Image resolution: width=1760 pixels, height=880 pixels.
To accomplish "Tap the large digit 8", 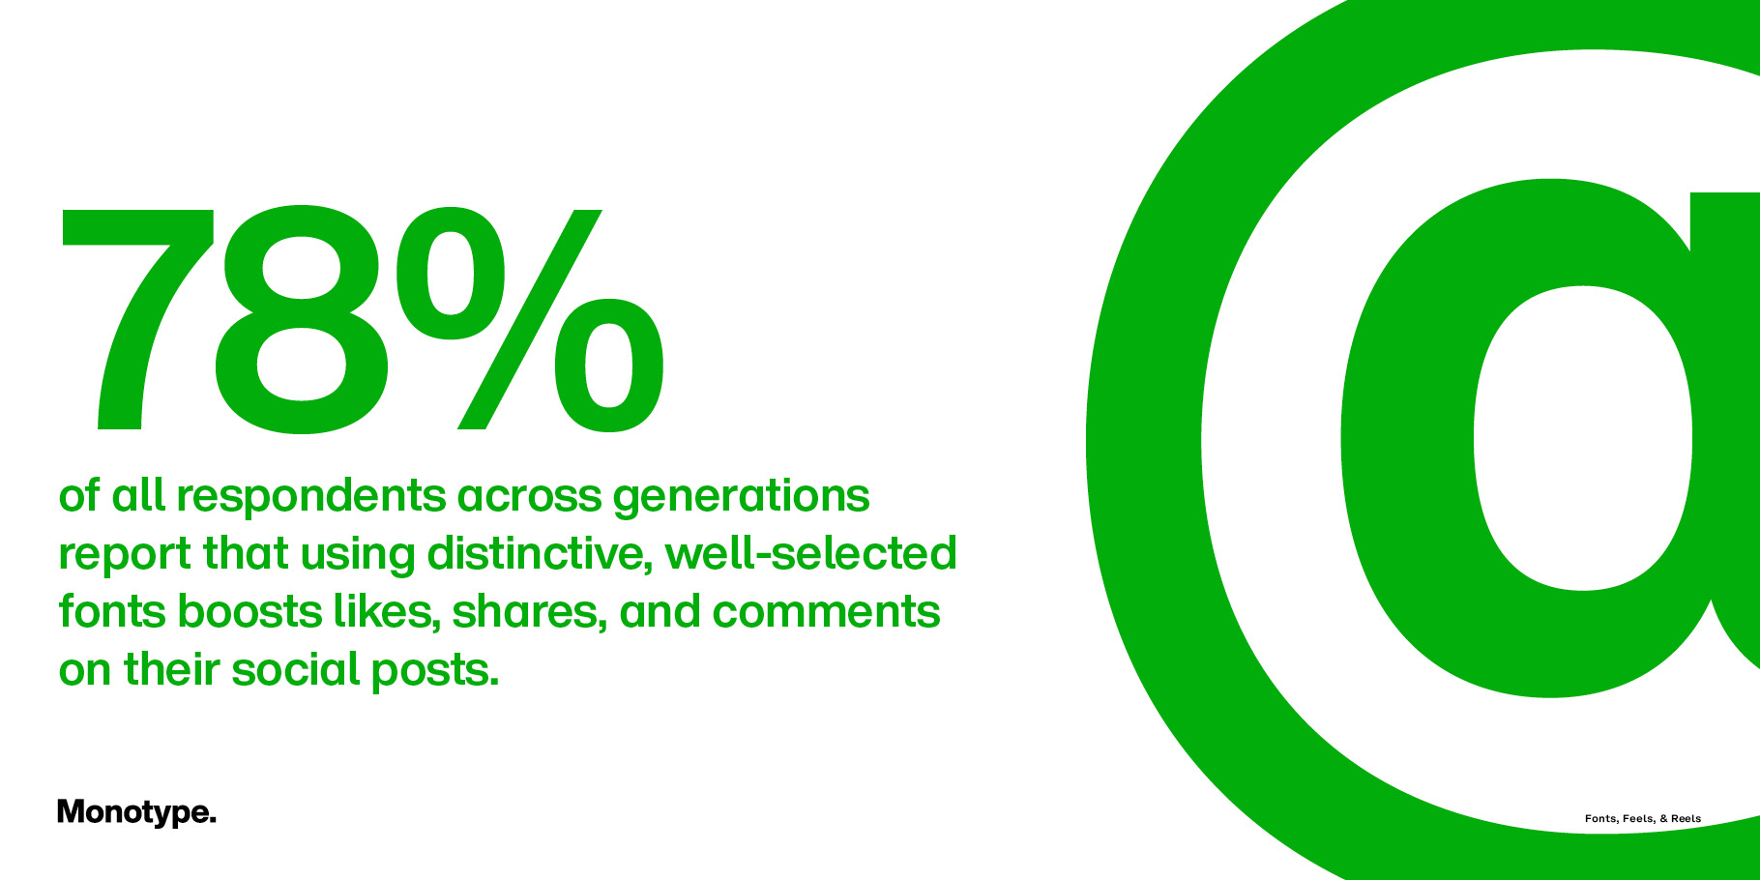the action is [x=302, y=319].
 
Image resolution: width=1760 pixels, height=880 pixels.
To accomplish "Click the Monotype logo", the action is [x=136, y=812].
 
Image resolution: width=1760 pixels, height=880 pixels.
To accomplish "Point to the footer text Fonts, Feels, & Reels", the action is [x=1643, y=818].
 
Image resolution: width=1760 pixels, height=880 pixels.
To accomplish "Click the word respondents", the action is [x=311, y=497].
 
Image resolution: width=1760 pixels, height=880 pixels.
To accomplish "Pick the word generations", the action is [x=742, y=497].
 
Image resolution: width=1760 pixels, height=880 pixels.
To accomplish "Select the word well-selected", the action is [x=811, y=553].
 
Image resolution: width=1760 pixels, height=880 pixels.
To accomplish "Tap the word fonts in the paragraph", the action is [x=112, y=611].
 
